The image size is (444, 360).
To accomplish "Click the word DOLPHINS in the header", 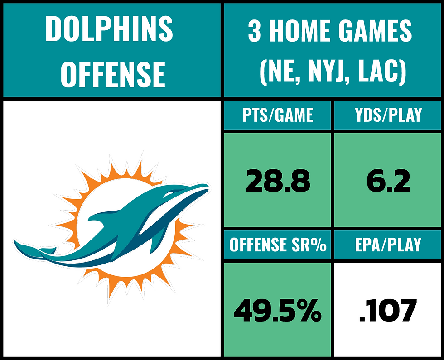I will tap(109, 29).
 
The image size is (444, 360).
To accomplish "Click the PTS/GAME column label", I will tap(277, 115).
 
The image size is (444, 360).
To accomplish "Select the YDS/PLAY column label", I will tap(388, 115).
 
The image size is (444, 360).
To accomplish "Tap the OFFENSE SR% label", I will tap(278, 245).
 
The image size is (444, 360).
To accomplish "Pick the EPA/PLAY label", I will tap(388, 245).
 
